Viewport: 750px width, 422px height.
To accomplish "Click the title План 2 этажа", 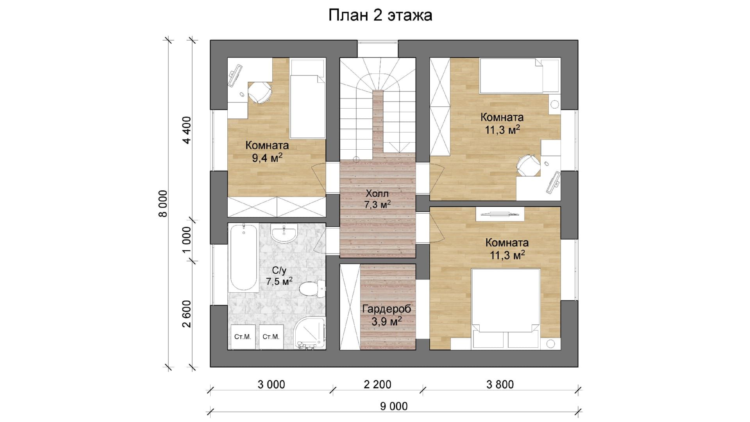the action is (x=380, y=16).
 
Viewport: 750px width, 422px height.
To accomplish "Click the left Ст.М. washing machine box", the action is (x=243, y=337).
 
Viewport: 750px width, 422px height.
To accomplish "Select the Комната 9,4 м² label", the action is (x=267, y=152).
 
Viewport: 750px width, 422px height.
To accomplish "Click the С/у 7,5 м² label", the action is (x=279, y=276).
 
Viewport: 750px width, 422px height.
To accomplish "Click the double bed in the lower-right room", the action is (x=506, y=308).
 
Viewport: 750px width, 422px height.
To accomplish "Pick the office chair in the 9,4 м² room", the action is (x=260, y=92).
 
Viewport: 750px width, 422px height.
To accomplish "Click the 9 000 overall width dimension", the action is (x=394, y=406).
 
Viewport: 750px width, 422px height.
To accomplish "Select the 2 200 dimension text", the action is (x=377, y=384).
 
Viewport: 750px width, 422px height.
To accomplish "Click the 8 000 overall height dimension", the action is (x=163, y=204).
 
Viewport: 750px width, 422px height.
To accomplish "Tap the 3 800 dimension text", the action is (x=500, y=384).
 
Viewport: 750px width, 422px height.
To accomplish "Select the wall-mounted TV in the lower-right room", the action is (x=500, y=214).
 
